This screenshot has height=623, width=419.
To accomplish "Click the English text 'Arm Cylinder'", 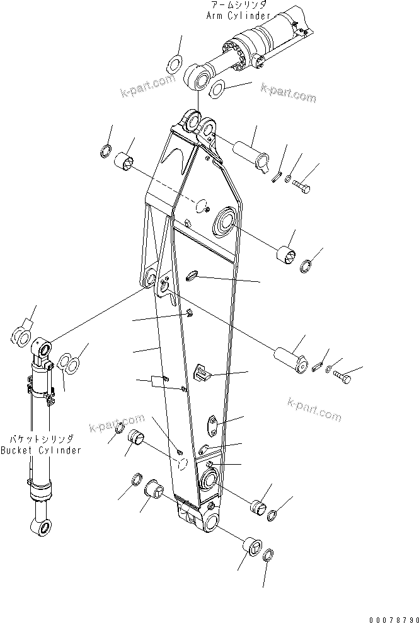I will (239, 15).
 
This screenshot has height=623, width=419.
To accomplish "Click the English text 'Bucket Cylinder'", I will (41, 450).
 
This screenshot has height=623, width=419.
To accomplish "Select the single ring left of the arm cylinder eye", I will (174, 64).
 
